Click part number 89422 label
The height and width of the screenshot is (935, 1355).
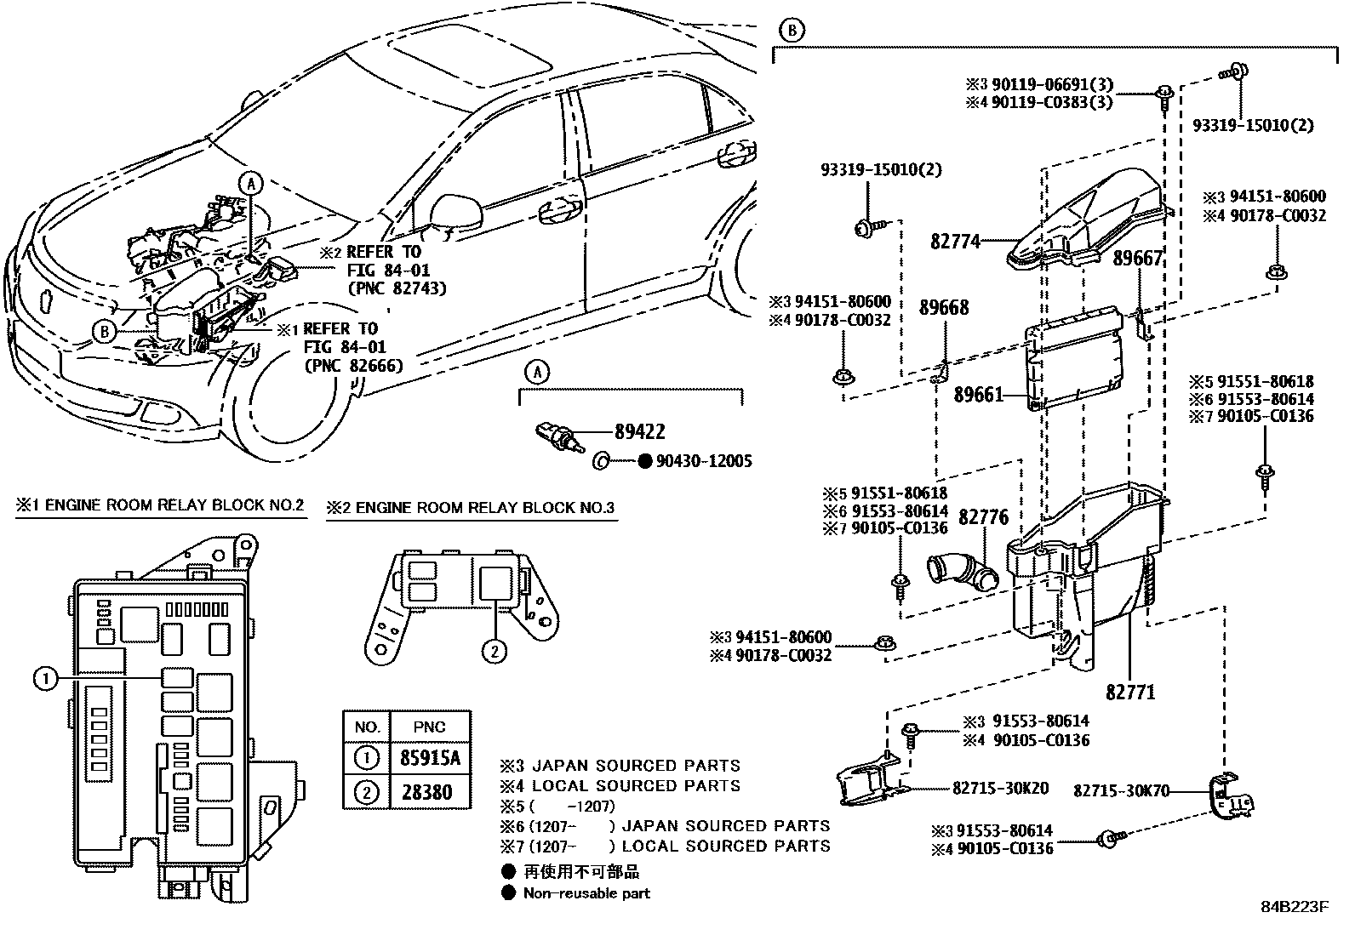pos(640,431)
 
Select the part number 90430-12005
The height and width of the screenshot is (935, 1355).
pos(703,461)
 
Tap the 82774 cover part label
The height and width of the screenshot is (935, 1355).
pos(955,241)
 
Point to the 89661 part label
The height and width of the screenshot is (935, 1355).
pos(978,395)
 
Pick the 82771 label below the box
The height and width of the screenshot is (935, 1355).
pos(1131,692)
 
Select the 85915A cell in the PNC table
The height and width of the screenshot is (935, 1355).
pos(429,757)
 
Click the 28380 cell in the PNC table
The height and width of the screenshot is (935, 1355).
pos(429,792)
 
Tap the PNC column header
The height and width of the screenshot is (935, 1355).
pos(429,727)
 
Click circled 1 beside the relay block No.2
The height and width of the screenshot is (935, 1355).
pos(45,677)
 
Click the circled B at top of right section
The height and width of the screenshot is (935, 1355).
pos(792,31)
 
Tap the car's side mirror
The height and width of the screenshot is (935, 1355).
pos(449,209)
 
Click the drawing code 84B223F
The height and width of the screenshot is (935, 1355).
pos(1294,906)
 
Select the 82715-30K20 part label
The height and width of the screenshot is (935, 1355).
pos(1001,788)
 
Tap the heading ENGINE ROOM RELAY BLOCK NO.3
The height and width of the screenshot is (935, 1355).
pos(472,508)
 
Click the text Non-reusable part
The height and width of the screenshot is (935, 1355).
pos(586,893)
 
